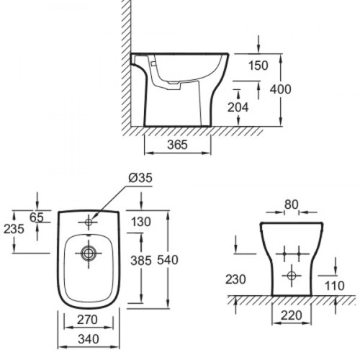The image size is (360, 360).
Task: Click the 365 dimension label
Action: pos(177,145)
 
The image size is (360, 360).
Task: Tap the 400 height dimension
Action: pos(280,89)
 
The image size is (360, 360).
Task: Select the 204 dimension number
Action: pos(238,107)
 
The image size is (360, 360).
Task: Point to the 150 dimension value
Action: pos(258,66)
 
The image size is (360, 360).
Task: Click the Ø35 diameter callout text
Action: pos(140,178)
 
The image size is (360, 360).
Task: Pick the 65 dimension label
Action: pos(37,217)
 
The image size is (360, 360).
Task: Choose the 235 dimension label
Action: pos(14,229)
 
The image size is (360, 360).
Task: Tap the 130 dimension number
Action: pos(141,222)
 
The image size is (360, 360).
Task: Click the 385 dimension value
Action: pos(141,261)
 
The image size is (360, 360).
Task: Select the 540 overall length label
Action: pos(168,260)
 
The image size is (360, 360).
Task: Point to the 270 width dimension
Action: pos(87,320)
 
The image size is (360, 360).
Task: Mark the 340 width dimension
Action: pos(89,339)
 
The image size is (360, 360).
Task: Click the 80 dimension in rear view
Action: pos(292,204)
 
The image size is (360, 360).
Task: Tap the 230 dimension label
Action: pos(235,279)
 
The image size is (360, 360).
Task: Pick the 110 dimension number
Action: pos(334,286)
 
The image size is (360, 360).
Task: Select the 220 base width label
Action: pos(291,315)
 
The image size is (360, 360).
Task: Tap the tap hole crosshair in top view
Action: pos(89,222)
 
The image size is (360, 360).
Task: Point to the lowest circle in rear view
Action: pos(292,276)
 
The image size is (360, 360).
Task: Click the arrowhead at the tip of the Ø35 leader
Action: pos(92,218)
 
